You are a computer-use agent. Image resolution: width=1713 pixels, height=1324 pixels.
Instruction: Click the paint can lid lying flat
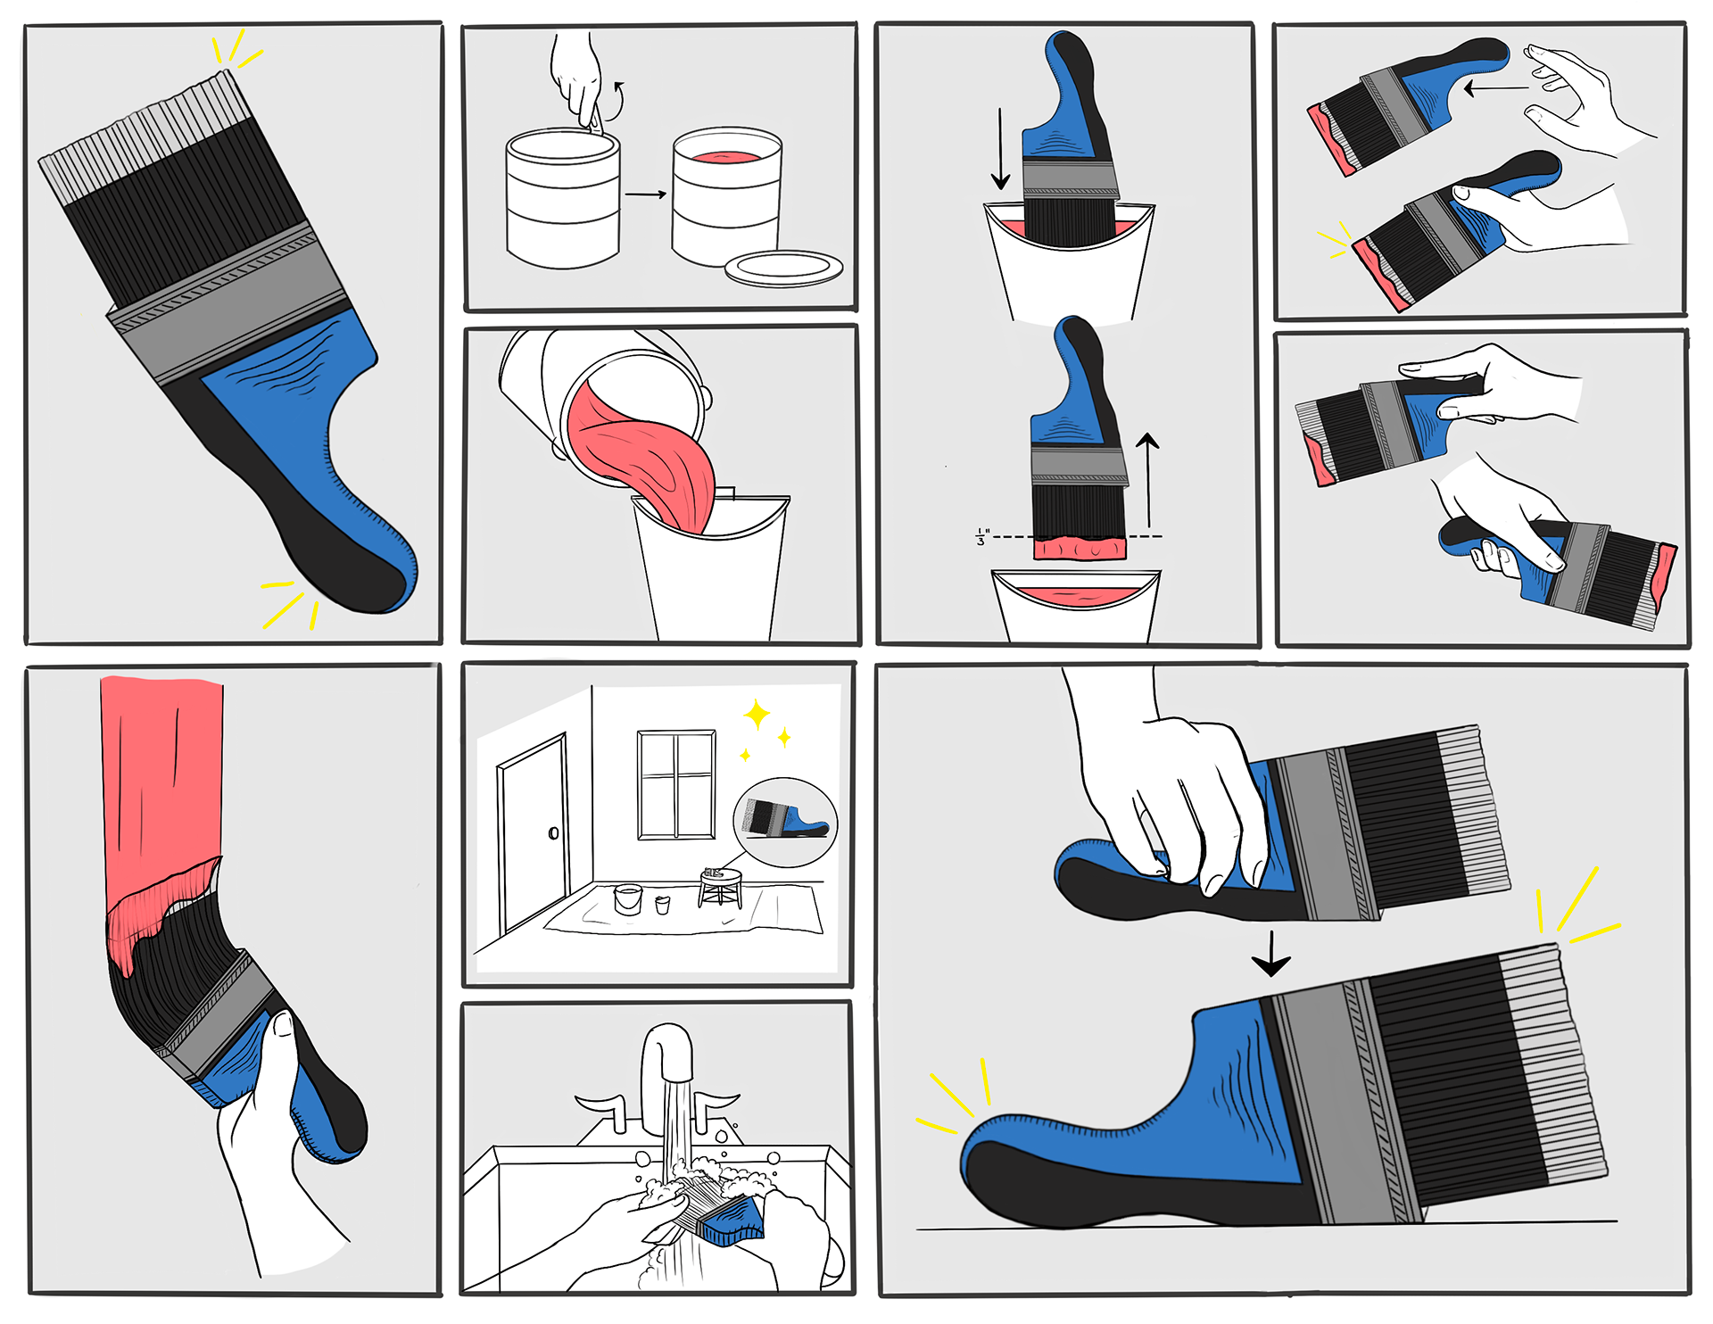pos(783,269)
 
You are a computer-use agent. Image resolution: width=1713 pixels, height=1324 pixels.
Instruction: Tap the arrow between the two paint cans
pos(646,194)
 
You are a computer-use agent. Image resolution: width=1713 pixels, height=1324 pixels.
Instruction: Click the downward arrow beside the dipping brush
pos(1001,149)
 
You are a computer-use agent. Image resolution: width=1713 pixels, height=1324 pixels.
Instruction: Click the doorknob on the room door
pos(553,833)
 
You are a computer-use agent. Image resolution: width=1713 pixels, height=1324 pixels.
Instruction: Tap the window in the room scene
pos(676,785)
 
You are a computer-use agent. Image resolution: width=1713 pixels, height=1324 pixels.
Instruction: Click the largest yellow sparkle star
pos(757,714)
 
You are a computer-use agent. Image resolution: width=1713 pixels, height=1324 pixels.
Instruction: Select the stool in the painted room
pos(721,888)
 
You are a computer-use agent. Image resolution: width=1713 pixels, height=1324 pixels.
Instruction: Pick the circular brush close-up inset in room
pos(785,822)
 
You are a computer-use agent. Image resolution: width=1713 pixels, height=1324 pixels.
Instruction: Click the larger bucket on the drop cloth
pos(628,898)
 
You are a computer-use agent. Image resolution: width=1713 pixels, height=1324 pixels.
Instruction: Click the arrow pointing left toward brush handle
pos(1496,88)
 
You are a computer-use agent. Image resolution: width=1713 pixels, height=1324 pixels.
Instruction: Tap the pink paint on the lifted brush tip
pos(1080,548)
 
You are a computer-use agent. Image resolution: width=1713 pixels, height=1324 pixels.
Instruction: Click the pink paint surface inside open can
pos(727,157)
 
